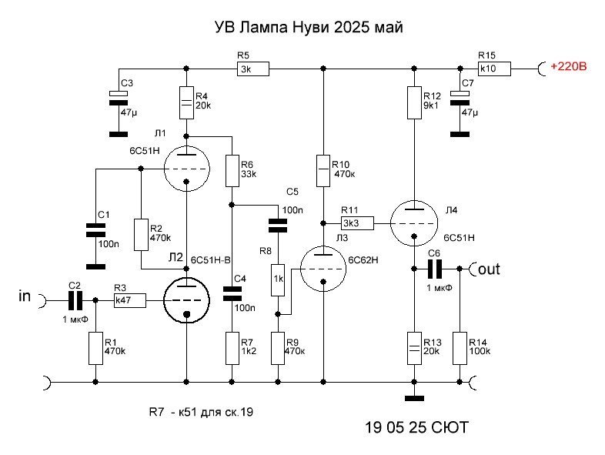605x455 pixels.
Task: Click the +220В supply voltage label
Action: point(568,66)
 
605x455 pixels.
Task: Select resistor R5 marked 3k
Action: point(252,69)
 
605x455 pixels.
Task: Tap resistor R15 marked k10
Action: point(494,69)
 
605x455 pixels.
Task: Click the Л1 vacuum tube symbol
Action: point(187,169)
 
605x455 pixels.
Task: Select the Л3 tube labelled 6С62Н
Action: point(323,269)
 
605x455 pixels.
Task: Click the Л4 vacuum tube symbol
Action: point(414,223)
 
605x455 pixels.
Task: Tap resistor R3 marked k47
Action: point(130,300)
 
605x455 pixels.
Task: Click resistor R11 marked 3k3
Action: point(357,223)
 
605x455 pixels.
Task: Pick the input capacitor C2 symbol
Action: point(75,300)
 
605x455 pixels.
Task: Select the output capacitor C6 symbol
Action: point(435,269)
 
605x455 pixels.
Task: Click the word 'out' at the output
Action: point(489,269)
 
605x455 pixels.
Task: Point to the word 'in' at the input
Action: point(25,296)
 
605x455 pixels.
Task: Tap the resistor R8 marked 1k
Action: point(278,280)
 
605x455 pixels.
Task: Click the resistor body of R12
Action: point(414,102)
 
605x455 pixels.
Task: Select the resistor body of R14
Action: point(460,348)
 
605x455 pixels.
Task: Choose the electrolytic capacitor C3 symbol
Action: point(119,99)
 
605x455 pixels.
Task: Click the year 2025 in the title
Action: point(350,28)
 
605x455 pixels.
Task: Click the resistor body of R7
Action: point(232,348)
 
